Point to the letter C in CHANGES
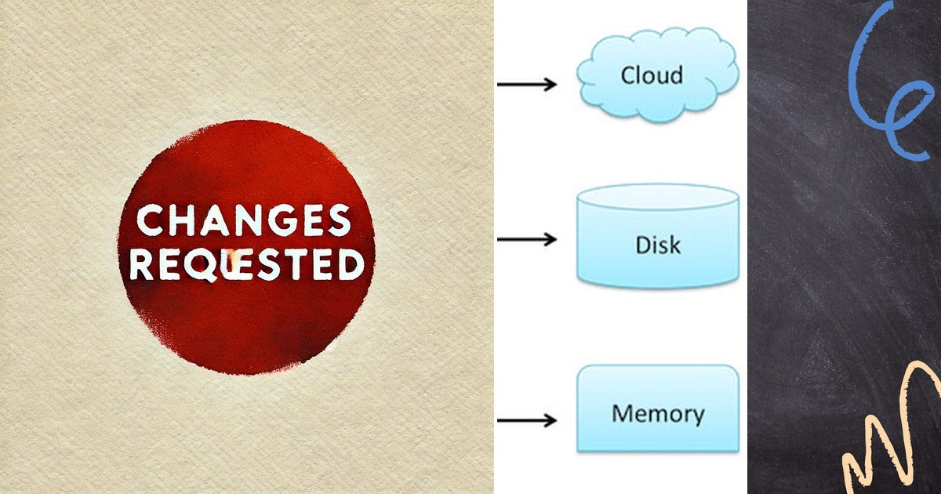151,220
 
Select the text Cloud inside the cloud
651,75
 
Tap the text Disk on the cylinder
657,245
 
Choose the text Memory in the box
657,413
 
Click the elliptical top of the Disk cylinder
657,197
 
